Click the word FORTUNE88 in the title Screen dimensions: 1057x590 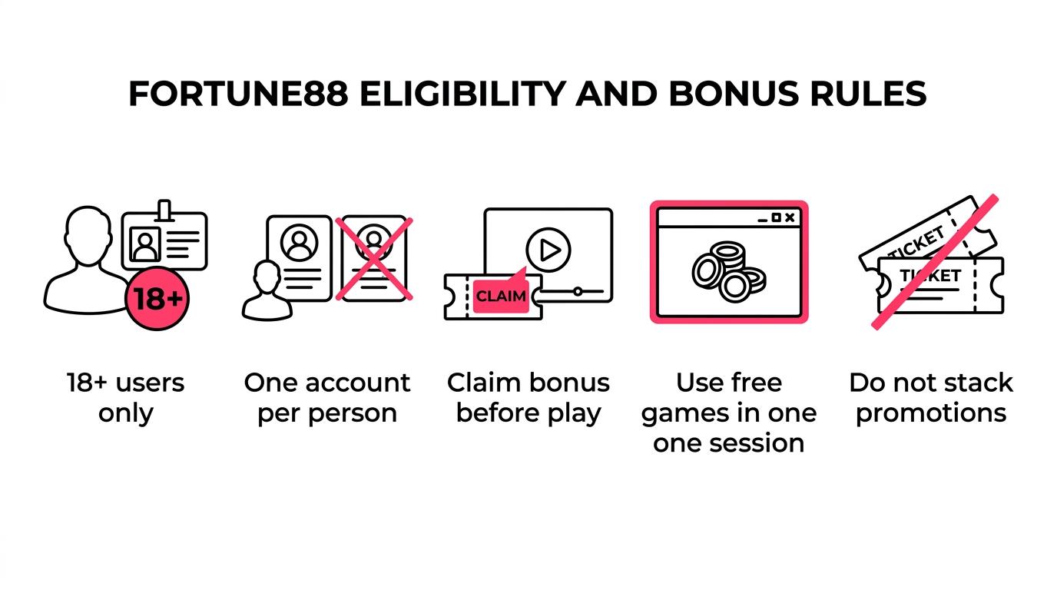point(238,94)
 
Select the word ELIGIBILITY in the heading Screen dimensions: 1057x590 point(463,94)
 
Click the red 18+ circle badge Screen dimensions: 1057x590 point(157,298)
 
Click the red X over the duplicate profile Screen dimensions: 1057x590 point(374,259)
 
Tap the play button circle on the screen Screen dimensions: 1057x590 point(548,250)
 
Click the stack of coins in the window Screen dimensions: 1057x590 point(729,272)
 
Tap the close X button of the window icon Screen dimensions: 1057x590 point(790,217)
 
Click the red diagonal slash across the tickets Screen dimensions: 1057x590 point(935,262)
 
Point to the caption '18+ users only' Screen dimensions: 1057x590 point(125,398)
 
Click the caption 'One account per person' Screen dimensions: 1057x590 point(327,398)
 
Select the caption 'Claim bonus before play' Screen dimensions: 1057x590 point(528,398)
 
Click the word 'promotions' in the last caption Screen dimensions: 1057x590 point(931,414)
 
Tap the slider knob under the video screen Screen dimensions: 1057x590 point(578,292)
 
